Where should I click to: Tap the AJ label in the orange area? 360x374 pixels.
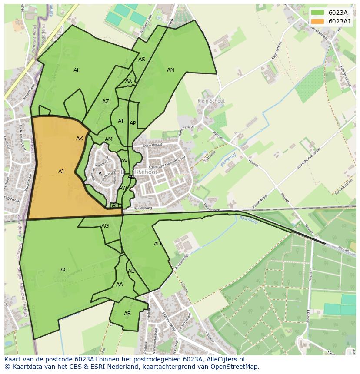click(x=61, y=172)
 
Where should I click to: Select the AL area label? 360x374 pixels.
click(x=77, y=70)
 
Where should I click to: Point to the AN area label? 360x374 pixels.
click(x=170, y=70)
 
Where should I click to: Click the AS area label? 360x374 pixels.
click(x=142, y=60)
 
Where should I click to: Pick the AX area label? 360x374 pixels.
click(x=129, y=81)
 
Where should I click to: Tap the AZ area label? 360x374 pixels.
click(x=106, y=102)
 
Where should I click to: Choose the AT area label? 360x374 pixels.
click(x=121, y=121)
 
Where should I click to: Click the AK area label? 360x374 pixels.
click(x=80, y=139)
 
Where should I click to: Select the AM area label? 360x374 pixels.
click(x=109, y=139)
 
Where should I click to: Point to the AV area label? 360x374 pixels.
click(x=124, y=161)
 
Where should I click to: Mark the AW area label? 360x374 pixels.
click(x=123, y=188)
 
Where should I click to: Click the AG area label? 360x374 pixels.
click(x=105, y=226)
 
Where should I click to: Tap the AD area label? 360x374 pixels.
click(x=157, y=244)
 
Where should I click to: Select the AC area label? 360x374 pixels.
click(x=64, y=270)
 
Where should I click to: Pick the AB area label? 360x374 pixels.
click(x=127, y=314)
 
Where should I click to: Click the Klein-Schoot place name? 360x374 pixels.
click(x=211, y=101)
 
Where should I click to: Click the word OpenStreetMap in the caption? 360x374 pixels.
click(x=236, y=367)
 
